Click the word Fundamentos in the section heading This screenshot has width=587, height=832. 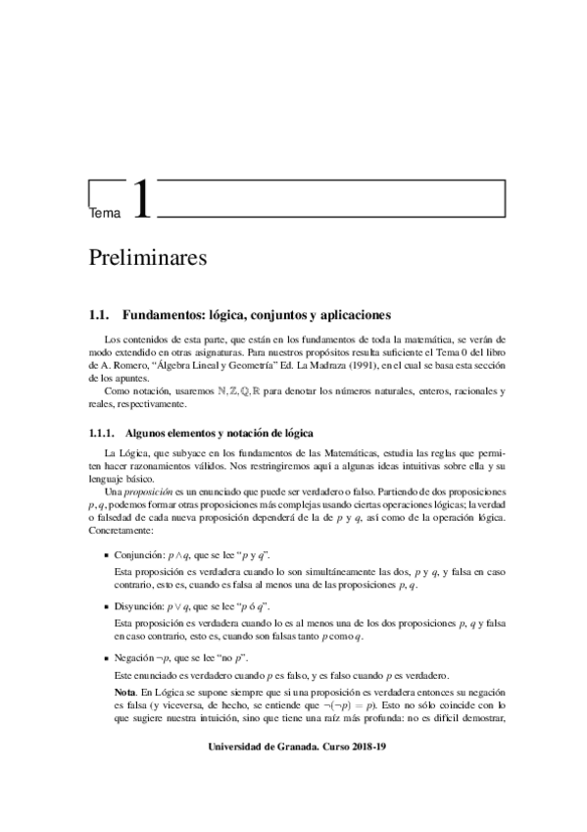[x=158, y=316]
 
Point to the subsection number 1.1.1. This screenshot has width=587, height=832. [x=103, y=432]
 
